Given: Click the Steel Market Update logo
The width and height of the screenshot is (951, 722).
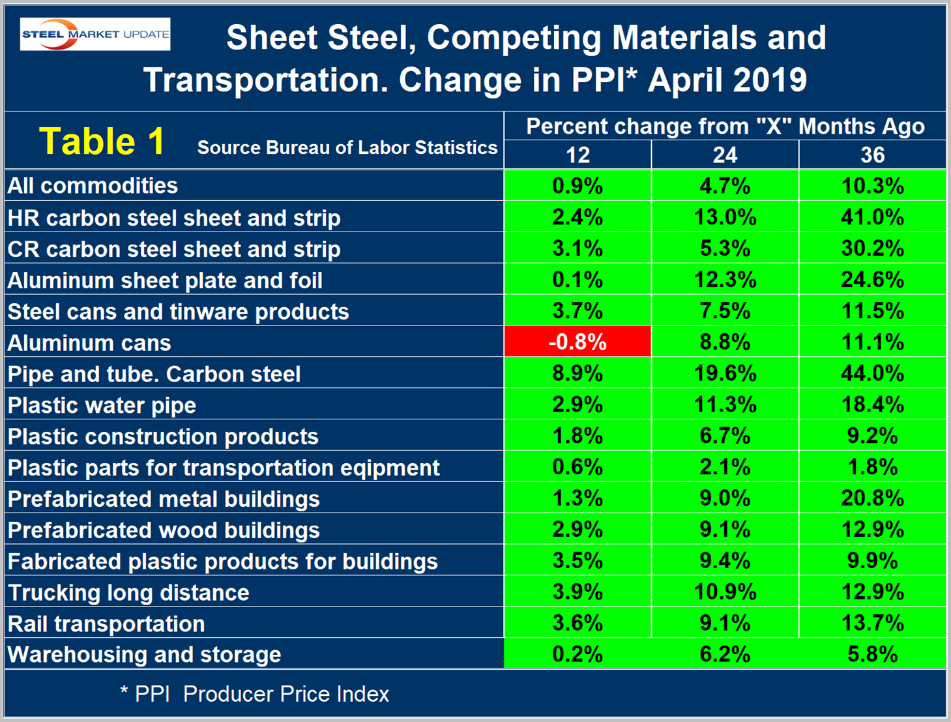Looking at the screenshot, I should point(95,34).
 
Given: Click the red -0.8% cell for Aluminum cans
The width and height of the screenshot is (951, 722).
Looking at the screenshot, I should point(578,342).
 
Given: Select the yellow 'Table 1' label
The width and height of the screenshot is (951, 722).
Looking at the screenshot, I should point(102,141).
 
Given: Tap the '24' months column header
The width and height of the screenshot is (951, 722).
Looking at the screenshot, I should point(725,155).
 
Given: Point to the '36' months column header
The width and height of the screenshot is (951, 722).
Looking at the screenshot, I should point(872,155).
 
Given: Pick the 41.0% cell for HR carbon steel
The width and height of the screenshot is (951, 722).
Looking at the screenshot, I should point(872,217).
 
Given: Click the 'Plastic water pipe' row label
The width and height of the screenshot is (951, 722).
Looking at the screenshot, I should point(102,405).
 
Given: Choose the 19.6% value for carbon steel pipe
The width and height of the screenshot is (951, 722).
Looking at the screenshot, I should point(725,374).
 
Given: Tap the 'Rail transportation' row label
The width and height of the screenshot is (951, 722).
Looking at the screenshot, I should point(106,624).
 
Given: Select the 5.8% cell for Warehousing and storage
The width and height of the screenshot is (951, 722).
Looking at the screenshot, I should point(872,654).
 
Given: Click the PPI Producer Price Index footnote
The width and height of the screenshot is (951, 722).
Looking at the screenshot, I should point(255,694).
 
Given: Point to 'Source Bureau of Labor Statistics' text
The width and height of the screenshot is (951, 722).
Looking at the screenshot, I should point(347,148).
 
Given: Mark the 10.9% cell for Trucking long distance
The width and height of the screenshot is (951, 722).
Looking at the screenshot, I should point(725,592).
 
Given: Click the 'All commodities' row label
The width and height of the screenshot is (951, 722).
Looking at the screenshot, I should point(93,186).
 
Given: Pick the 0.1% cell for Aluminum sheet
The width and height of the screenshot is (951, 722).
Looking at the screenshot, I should point(578,280).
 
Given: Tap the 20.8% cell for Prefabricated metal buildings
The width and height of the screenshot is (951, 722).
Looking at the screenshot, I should point(872,499).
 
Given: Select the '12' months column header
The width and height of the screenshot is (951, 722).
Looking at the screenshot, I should point(578,155).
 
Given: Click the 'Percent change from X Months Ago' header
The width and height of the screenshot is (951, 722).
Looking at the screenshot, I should point(725,126).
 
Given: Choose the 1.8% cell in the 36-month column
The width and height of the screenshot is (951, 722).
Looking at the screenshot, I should point(872,468).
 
